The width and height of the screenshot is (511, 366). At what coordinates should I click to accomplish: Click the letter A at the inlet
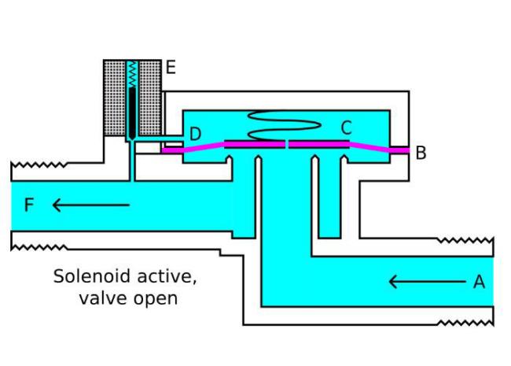(x=479, y=282)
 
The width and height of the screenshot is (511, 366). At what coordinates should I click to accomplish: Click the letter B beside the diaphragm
(x=421, y=153)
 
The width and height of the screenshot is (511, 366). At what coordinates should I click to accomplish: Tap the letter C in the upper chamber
(x=347, y=128)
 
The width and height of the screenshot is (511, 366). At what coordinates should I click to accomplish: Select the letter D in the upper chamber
(x=195, y=134)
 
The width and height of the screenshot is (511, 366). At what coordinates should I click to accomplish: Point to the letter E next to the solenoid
(x=171, y=68)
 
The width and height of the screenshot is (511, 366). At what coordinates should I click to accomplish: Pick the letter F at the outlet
(x=29, y=205)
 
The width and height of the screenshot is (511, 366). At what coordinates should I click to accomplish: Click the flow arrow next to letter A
(x=427, y=282)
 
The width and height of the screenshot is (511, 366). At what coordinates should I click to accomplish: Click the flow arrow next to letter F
(x=91, y=205)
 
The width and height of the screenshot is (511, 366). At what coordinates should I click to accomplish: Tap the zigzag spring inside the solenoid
(x=132, y=74)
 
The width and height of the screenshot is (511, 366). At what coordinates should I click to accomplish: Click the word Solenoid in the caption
(x=91, y=276)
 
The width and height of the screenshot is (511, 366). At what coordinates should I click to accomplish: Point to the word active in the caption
(x=167, y=277)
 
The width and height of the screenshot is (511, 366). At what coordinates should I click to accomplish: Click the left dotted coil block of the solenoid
(x=115, y=98)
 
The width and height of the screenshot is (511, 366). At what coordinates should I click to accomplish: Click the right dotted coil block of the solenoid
(x=150, y=98)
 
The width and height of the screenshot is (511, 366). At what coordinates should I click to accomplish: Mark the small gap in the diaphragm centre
(x=287, y=145)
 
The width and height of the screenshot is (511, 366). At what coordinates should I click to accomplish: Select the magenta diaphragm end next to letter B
(x=399, y=150)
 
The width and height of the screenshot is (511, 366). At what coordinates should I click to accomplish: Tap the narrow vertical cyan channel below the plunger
(x=132, y=161)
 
